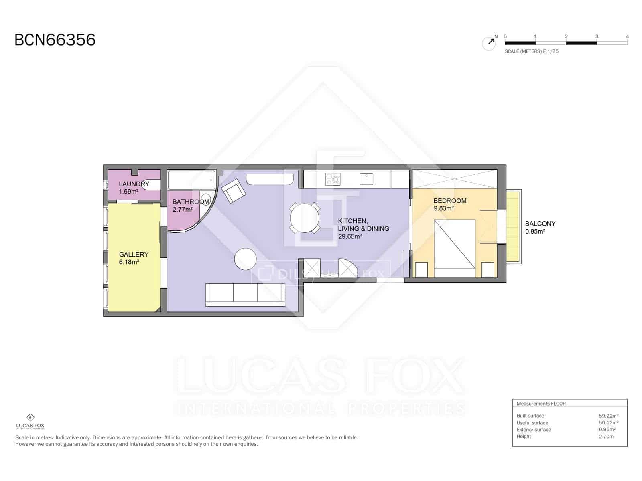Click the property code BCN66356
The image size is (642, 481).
click(x=55, y=40)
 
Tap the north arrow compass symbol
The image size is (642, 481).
click(x=489, y=43)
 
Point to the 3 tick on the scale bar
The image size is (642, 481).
click(x=597, y=37)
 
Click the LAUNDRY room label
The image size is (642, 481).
click(x=134, y=184)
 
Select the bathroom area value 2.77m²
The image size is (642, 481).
click(x=183, y=210)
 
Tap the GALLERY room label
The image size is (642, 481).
click(x=134, y=254)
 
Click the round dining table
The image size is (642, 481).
click(x=305, y=218)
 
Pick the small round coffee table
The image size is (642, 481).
click(x=245, y=259)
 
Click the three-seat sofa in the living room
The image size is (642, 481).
click(x=245, y=295)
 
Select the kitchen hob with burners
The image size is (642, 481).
click(x=333, y=179)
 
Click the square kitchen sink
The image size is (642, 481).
click(x=366, y=179)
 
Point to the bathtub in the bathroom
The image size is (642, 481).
click(x=192, y=180)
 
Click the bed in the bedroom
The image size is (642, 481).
click(x=455, y=249)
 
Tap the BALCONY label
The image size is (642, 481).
click(x=540, y=224)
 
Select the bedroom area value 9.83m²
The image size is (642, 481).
click(x=444, y=208)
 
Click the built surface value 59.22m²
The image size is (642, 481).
click(x=608, y=416)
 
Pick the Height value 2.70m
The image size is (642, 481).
click(x=606, y=437)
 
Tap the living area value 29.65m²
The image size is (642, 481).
click(x=350, y=236)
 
